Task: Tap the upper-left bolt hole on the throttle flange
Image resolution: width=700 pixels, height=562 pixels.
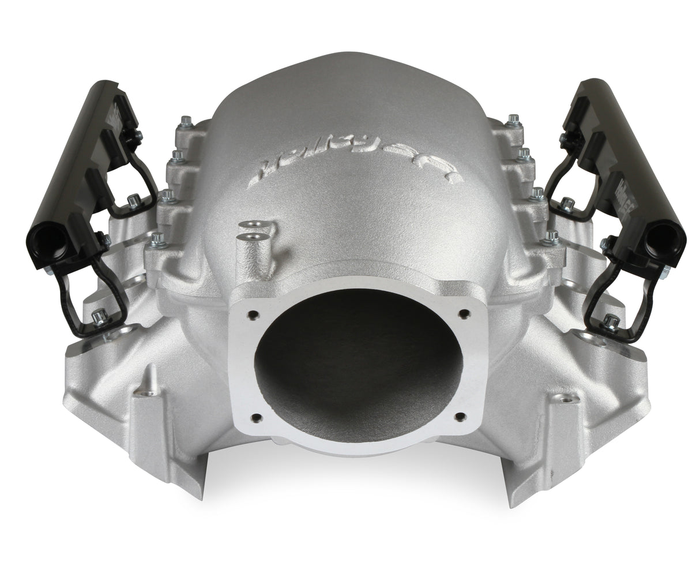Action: pos(252,315)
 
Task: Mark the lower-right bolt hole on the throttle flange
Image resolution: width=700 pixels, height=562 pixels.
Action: pos(460,417)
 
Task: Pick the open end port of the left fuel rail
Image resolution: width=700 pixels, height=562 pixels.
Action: pos(49,238)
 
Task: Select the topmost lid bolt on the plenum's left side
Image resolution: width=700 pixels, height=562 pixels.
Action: pos(186,122)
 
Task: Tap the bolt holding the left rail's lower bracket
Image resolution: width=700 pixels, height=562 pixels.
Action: pos(99,316)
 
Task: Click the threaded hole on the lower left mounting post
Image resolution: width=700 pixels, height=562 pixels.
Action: pos(143,393)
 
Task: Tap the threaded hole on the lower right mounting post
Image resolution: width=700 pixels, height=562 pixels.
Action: pos(564,398)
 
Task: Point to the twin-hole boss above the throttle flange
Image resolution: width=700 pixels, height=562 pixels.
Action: pos(254,231)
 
